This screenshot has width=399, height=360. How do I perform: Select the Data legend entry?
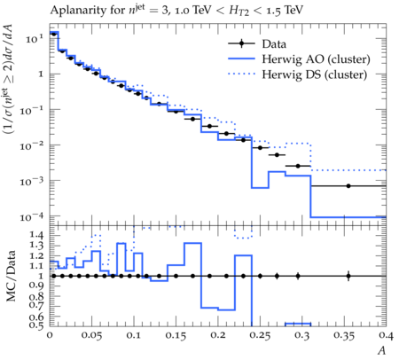click(274, 44)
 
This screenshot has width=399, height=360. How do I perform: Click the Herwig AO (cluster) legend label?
click(316, 59)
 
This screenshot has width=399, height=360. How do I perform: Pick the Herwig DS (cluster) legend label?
click(315, 74)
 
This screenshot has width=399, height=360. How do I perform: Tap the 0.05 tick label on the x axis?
click(91, 335)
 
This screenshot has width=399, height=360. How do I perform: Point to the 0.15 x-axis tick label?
click(176, 335)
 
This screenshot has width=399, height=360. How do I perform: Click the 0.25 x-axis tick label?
click(260, 335)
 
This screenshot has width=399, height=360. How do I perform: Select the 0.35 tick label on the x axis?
click(344, 335)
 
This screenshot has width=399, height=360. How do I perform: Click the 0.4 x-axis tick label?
click(386, 335)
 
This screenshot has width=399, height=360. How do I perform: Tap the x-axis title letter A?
click(382, 350)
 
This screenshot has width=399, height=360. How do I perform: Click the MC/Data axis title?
click(11, 276)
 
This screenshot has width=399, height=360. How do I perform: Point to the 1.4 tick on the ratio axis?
click(36, 235)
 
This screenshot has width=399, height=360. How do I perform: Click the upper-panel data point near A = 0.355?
click(348, 186)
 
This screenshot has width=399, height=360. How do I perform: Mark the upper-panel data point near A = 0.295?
click(298, 166)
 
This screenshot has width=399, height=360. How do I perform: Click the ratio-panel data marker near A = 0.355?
click(348, 276)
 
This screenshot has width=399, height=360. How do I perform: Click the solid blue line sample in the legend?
click(241, 59)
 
